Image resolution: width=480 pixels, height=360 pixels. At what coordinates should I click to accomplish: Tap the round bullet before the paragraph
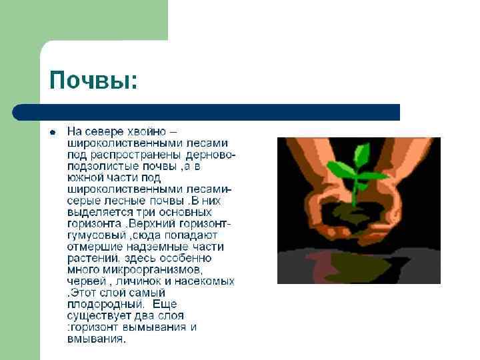pos(52,131)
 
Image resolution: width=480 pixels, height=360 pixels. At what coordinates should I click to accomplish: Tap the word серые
pos(83,201)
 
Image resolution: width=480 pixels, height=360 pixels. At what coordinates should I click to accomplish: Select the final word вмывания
pos(95,339)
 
